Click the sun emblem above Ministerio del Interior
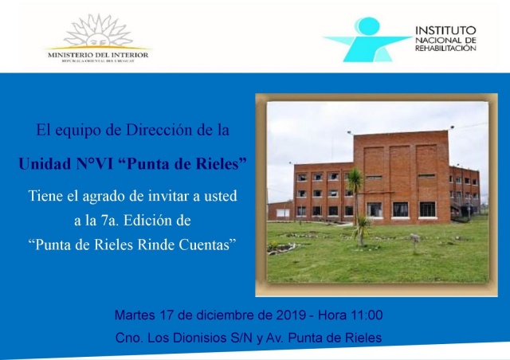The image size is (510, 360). pos(98,32)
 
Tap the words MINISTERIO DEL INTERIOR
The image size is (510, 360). pos(98,55)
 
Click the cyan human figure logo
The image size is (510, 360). pos(367,39)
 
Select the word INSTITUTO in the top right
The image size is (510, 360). pos(445,30)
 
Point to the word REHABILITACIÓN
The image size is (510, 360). pos(445,48)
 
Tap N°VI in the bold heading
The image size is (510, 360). pos(95,163)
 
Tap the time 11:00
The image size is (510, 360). pos(366,315)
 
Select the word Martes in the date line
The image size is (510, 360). pos(135,315)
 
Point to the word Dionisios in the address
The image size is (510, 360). pos(200,338)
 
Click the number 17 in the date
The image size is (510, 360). pos(166,315)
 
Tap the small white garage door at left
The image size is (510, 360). pos(283,213)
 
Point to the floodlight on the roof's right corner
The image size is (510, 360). pos(452,127)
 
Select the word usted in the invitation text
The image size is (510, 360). pos(220,196)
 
